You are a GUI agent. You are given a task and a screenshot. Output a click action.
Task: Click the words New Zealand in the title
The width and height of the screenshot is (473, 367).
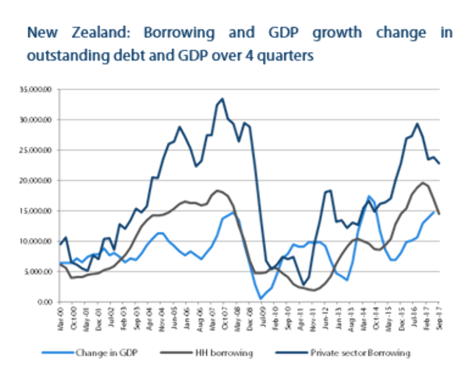[x=64, y=33]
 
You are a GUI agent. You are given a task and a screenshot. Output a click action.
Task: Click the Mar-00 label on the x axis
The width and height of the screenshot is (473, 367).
[x=61, y=314]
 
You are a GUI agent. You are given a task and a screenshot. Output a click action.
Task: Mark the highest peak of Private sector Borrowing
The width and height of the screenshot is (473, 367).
[x=222, y=99]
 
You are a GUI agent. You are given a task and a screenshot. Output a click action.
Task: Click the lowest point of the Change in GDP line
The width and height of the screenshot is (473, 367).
[x=261, y=299]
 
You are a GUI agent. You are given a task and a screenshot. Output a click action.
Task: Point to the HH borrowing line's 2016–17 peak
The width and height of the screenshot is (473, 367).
[x=423, y=182]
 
